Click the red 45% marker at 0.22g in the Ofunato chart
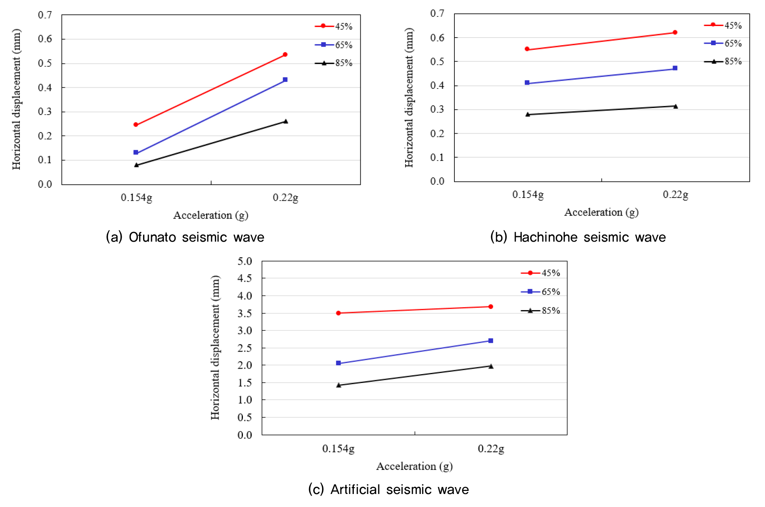click(x=285, y=54)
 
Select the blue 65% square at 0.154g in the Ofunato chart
click(x=136, y=152)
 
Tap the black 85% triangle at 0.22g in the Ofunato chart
click(x=285, y=121)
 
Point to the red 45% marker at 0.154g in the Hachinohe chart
click(x=527, y=49)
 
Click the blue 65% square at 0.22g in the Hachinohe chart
click(x=675, y=68)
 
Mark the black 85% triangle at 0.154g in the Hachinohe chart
click(x=527, y=114)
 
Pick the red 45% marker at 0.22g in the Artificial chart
click(x=491, y=306)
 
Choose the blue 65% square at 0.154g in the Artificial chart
click(x=339, y=363)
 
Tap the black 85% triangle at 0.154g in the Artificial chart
click(x=339, y=385)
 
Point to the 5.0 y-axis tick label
click(x=245, y=262)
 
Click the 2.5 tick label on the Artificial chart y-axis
click(x=245, y=348)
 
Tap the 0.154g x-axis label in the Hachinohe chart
click(x=528, y=195)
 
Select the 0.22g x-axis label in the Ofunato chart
click(x=285, y=198)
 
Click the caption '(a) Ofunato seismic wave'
click(x=185, y=237)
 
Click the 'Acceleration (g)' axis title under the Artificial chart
click(x=414, y=466)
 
